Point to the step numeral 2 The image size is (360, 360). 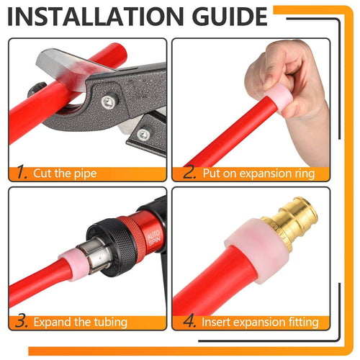point(189,172)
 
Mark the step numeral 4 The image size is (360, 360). point(189,321)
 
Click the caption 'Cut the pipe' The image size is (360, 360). point(65,174)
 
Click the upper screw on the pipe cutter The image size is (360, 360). point(107,101)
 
